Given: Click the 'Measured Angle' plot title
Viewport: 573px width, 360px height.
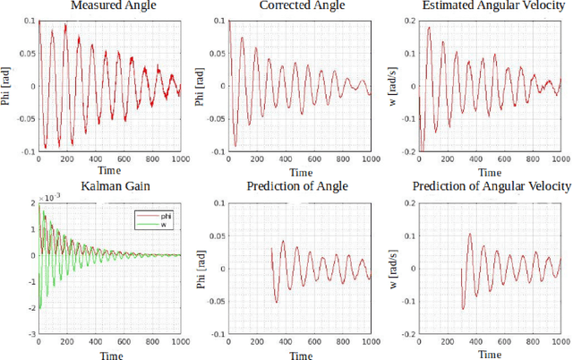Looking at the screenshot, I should pos(108,7).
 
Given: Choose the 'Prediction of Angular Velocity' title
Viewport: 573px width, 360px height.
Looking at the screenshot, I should pos(491,186).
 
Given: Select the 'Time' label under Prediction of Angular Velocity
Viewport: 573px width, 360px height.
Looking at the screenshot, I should pos(491,355).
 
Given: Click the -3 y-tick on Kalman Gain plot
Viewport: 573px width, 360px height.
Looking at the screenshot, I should pos(31,332).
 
